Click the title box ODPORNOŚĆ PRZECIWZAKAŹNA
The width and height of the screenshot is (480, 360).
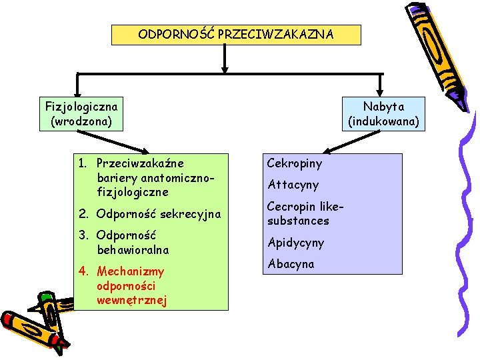[236, 35]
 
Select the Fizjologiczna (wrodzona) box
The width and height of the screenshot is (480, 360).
[81, 114]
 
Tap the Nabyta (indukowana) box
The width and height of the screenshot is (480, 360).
[383, 114]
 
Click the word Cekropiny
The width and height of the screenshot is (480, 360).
[294, 163]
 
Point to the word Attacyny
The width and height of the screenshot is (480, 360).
[293, 185]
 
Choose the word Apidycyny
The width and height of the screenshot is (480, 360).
[295, 243]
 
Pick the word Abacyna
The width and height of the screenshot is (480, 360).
[290, 264]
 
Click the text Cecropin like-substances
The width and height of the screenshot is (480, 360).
[298, 213]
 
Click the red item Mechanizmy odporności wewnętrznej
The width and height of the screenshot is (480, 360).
[131, 286]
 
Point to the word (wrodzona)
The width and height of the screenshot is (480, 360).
[81, 121]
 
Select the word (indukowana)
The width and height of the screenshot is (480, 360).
[383, 121]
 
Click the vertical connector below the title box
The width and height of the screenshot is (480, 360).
[225, 58]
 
